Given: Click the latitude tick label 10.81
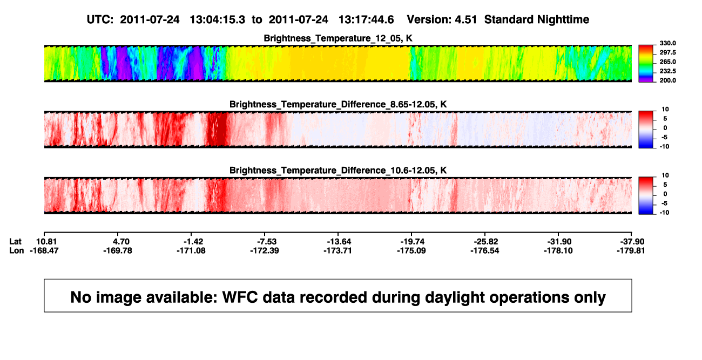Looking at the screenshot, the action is point(46,242).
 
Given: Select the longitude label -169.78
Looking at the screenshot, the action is point(118,250).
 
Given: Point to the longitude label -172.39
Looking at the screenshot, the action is point(265,250).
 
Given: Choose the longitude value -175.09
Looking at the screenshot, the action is point(411,250).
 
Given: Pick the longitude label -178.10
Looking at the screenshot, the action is point(558,250).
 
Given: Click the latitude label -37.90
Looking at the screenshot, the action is point(632,242).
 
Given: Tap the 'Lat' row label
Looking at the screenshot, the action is point(15,242).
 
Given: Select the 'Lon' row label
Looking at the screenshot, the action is point(16,250).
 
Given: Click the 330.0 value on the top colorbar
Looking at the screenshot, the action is point(667,43).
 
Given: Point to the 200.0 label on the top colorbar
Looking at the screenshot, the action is point(667,80).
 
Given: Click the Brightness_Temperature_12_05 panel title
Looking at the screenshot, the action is point(338,38).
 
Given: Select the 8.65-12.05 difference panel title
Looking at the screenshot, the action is point(338,104).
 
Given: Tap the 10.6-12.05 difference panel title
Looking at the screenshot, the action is point(338,171).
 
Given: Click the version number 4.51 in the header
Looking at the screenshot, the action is point(465,19).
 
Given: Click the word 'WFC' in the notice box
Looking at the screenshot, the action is point(240,297).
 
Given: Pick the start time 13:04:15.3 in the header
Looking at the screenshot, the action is point(218,19).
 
